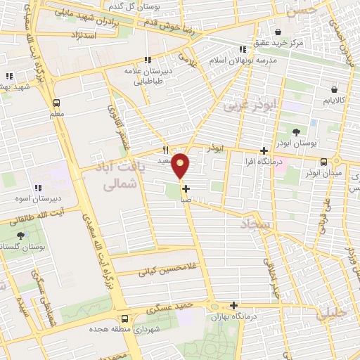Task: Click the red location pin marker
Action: click(181, 166)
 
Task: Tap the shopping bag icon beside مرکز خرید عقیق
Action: click(278, 32)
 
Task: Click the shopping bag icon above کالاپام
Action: click(334, 89)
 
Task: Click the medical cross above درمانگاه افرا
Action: click(264, 150)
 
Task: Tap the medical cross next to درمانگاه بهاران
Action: click(234, 306)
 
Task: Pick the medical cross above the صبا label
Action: click(186, 188)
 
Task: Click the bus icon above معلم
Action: click(56, 103)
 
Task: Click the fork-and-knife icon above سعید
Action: click(166, 150)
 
